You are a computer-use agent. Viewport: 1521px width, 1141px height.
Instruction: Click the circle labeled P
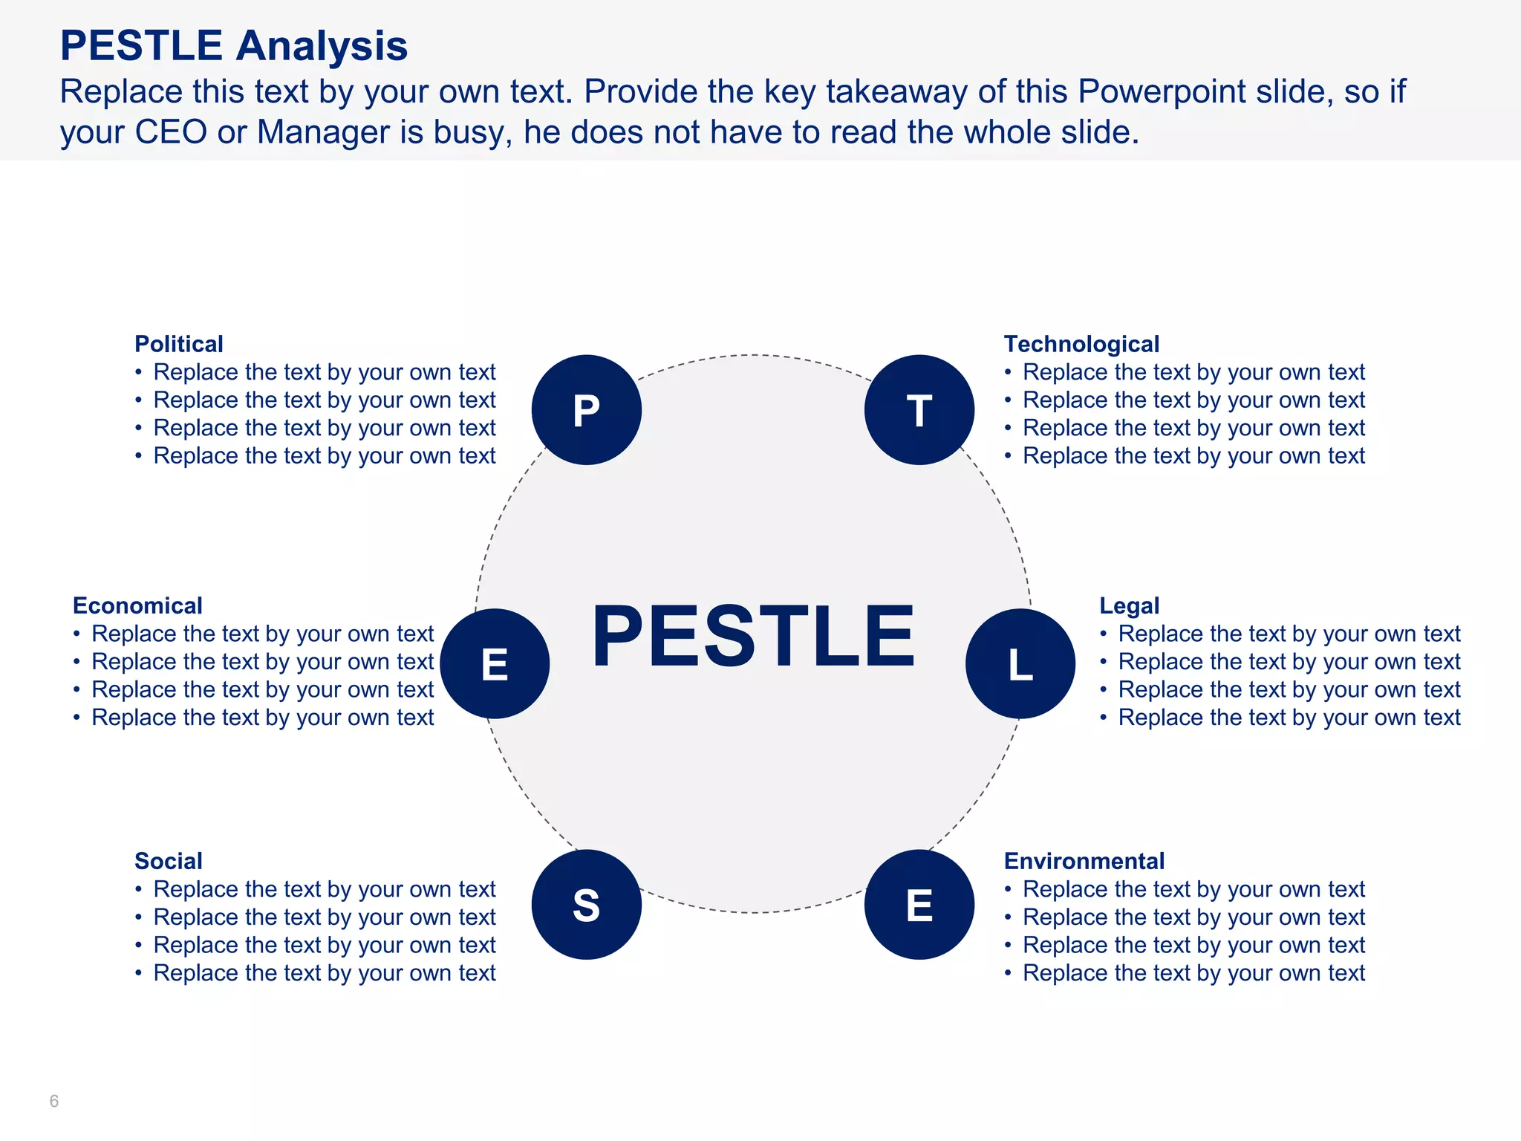coord(586,410)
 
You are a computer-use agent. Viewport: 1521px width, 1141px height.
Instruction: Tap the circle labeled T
coord(919,410)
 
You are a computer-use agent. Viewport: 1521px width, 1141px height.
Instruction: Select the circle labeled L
coord(1020,663)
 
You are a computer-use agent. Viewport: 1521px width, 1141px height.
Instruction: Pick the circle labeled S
coord(586,905)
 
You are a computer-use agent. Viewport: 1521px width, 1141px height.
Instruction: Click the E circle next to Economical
coord(495,663)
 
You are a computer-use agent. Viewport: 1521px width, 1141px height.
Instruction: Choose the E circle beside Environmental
coord(919,905)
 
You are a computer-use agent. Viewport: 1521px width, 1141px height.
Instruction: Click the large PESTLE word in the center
coord(752,636)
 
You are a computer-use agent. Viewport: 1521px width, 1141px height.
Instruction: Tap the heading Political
coord(178,344)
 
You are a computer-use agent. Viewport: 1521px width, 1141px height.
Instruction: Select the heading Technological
coord(1081,344)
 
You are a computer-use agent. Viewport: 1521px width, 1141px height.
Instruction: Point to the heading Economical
coord(137,605)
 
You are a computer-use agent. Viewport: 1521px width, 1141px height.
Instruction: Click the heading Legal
coord(1129,605)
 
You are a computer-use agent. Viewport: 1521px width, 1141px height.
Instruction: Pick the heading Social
coord(169,861)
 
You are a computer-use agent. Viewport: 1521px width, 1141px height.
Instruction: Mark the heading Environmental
coord(1084,861)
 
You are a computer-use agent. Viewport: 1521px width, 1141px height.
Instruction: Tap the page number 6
coord(53,1101)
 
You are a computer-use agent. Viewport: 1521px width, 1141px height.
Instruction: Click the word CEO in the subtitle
coord(171,132)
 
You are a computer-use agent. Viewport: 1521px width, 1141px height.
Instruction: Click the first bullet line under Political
coord(324,372)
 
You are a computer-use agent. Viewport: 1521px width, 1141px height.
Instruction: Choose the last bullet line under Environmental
coord(1193,973)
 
